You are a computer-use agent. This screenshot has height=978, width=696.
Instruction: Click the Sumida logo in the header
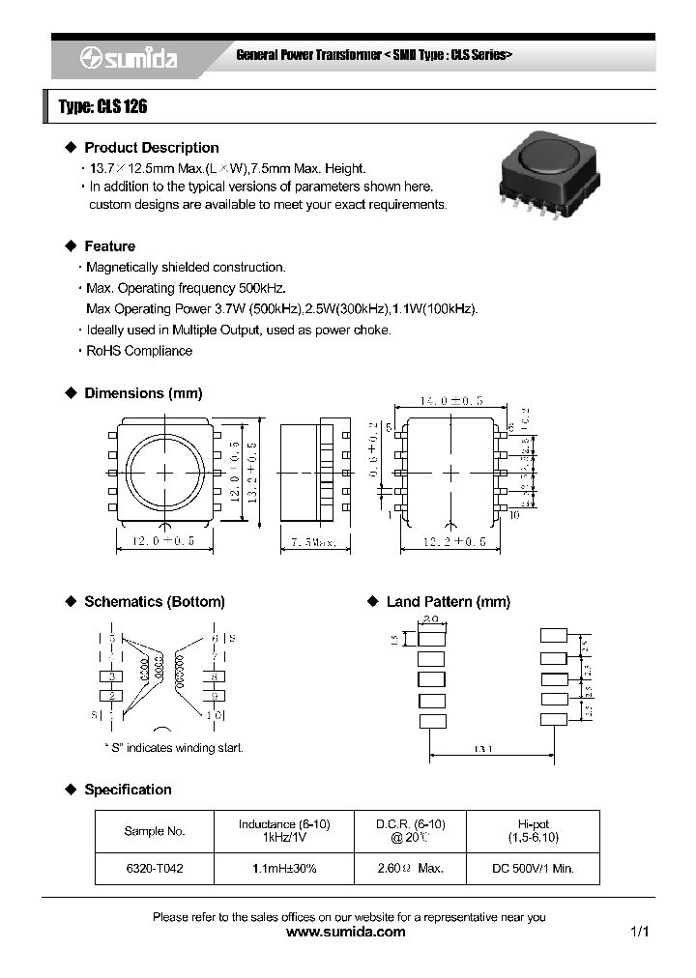[129, 59]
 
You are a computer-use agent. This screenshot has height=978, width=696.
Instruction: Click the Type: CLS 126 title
[102, 107]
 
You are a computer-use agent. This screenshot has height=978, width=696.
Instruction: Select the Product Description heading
[151, 148]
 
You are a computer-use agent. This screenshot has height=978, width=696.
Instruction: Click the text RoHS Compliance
[139, 351]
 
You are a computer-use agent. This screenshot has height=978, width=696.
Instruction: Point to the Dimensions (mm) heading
[143, 393]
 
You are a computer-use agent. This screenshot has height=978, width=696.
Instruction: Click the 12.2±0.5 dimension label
[453, 542]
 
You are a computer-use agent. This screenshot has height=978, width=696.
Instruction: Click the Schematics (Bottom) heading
[154, 601]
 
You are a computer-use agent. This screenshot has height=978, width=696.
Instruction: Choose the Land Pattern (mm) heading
[448, 601]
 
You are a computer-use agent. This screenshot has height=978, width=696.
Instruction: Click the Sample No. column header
[155, 831]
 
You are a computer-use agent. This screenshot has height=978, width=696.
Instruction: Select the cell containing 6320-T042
[155, 869]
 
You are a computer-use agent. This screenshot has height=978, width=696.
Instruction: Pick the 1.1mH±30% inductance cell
[284, 869]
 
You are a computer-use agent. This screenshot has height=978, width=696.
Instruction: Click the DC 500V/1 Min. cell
[533, 869]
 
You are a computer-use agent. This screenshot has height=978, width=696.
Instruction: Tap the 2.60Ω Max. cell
[410, 869]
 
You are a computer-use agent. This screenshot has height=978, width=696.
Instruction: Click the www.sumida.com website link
[347, 932]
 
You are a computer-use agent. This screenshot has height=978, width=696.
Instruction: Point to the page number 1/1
[639, 932]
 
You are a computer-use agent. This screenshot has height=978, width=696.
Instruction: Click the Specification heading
[128, 790]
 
